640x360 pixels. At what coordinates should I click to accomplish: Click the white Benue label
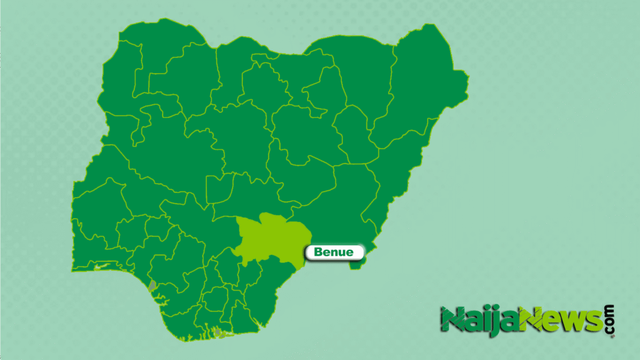tap(334, 252)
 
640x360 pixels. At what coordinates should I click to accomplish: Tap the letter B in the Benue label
tap(317, 252)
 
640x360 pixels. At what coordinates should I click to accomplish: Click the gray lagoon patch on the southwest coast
tap(152, 286)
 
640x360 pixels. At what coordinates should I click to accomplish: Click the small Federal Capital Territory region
tap(219, 187)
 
